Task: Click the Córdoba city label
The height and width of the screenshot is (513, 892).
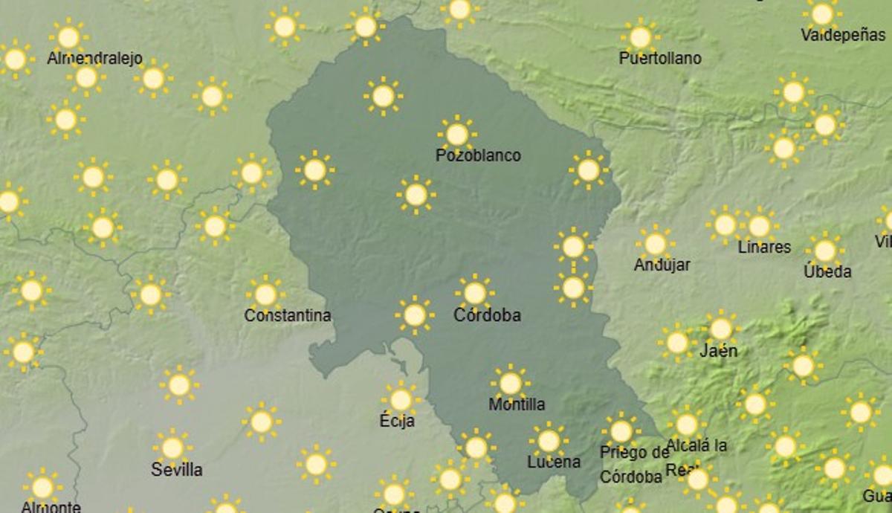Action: tap(487, 315)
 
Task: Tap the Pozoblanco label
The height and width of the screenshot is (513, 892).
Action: tap(478, 155)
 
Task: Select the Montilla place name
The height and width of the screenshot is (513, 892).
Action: tap(517, 404)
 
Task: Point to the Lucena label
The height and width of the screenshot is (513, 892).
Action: tap(554, 462)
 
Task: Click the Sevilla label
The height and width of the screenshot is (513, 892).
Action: tap(177, 469)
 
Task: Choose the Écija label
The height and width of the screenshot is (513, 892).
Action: tap(397, 421)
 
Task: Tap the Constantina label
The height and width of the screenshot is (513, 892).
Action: tap(288, 315)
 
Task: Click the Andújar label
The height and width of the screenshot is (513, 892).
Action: tap(662, 265)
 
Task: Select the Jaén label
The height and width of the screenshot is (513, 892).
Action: tap(719, 350)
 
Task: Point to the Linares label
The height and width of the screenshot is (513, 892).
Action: tap(764, 247)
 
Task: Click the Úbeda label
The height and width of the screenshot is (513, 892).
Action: tap(827, 271)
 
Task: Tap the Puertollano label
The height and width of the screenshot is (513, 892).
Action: tap(660, 58)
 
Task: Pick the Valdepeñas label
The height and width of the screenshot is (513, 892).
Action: tap(843, 35)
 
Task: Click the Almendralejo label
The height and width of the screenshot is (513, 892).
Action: tap(94, 58)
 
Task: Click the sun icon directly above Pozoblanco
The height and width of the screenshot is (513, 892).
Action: tap(457, 135)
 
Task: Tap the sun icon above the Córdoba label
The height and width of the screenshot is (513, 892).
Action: tap(475, 293)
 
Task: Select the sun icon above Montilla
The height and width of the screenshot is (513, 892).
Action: tap(511, 384)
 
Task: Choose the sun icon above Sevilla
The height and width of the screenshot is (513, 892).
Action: tap(172, 448)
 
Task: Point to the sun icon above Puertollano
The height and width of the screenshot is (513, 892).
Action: tap(640, 36)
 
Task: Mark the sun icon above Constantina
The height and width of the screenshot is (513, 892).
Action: tap(265, 294)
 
